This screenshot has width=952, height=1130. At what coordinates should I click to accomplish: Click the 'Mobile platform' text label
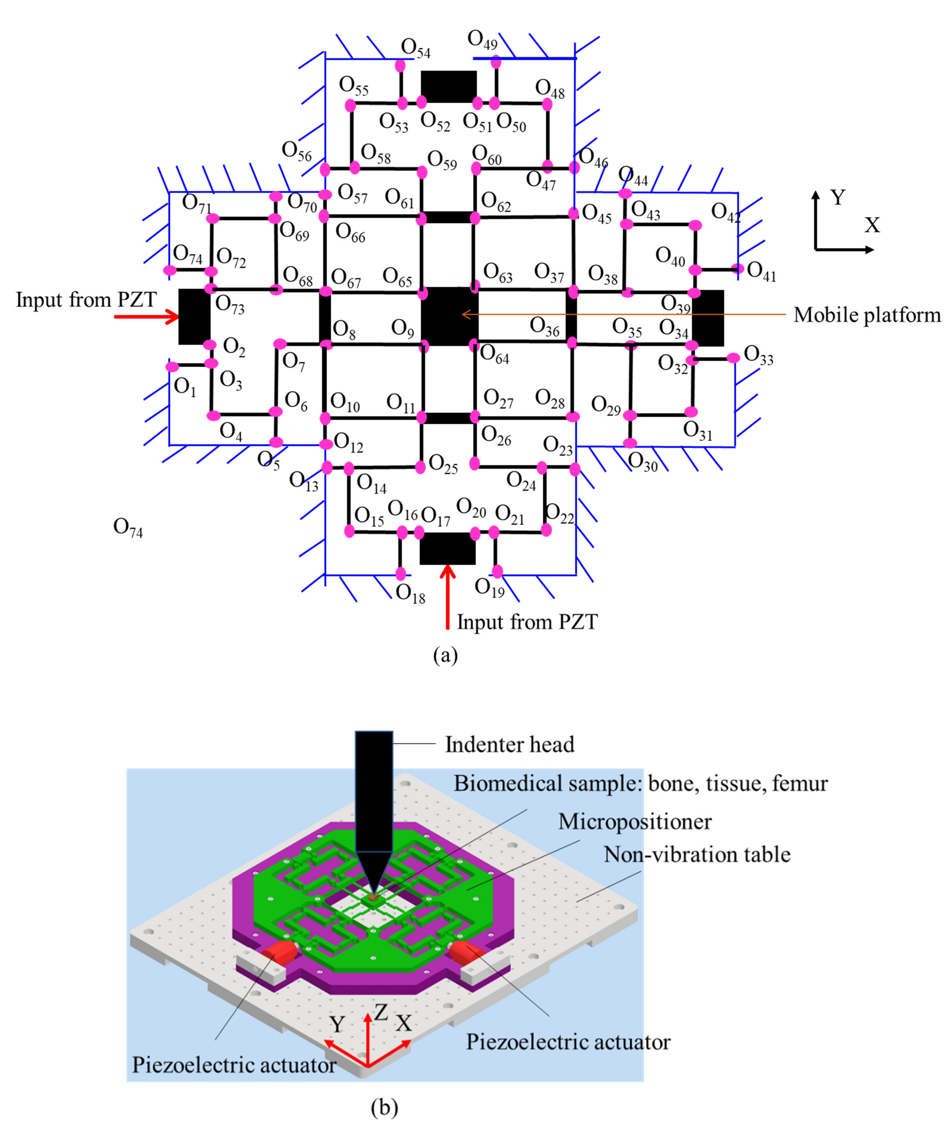pos(866,315)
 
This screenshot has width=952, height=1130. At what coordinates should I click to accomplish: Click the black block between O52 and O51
pos(449,86)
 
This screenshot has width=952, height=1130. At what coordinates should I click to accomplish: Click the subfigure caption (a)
pos(445,655)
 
